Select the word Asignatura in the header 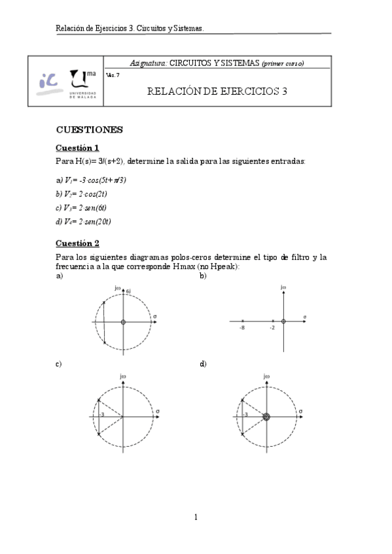tap(149, 63)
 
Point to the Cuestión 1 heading tap(77, 148)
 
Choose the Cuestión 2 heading tap(77, 243)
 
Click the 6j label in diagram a tap(130, 290)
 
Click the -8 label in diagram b tap(242, 328)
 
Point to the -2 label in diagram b tap(272, 328)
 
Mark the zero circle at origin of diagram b tap(283, 321)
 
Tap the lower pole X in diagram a tap(103, 342)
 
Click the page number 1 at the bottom tap(196, 517)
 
